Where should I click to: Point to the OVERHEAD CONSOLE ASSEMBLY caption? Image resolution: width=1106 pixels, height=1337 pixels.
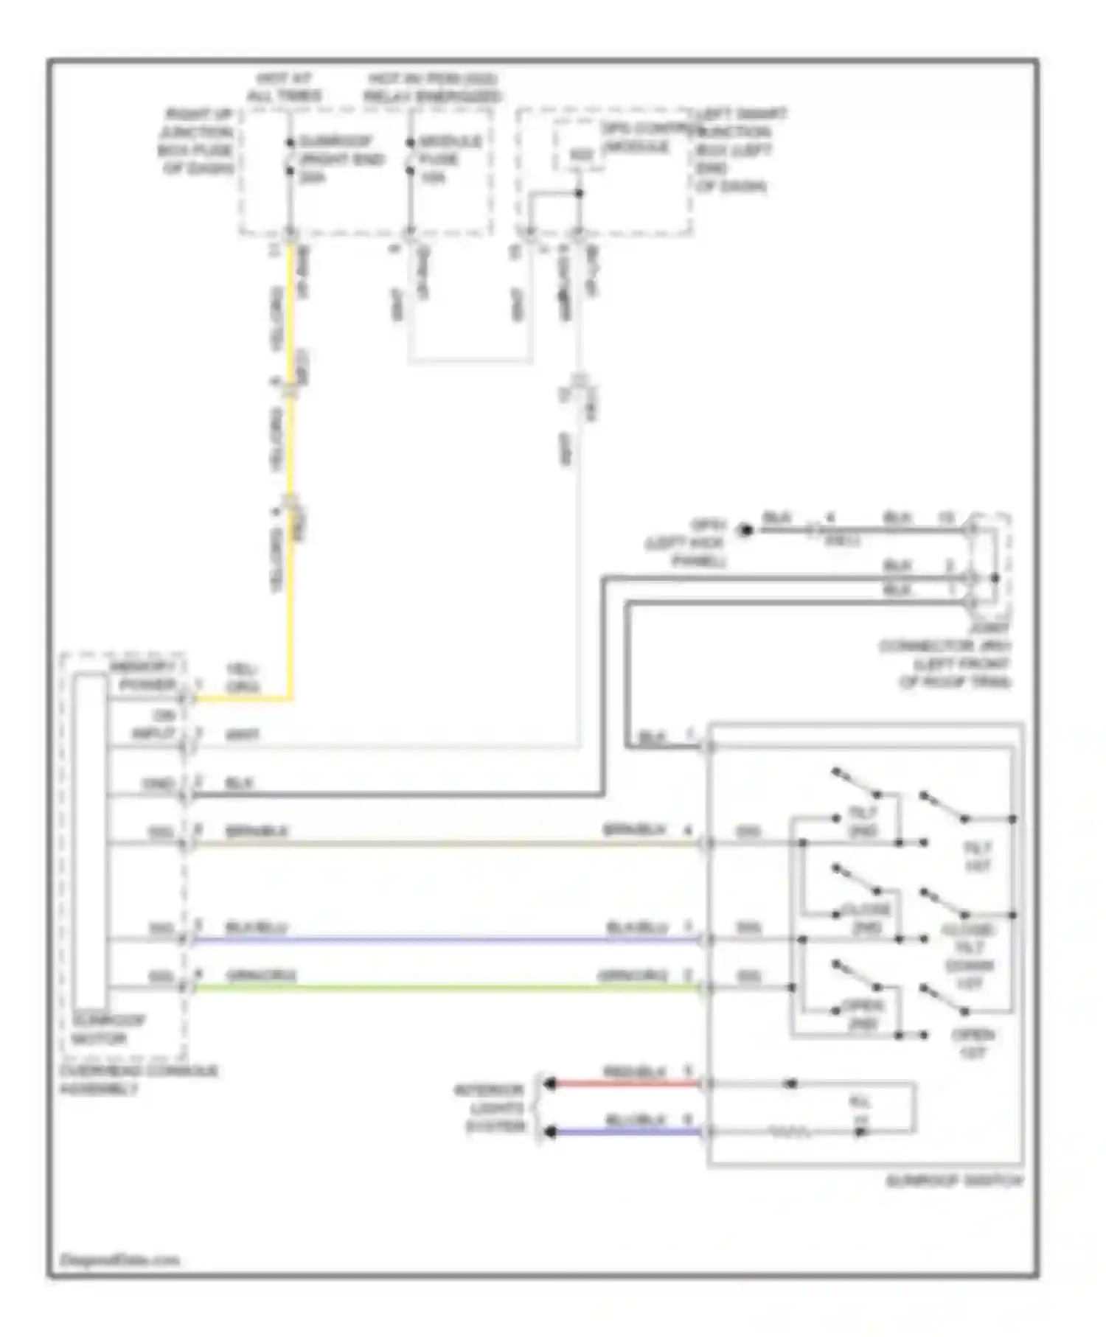click(x=139, y=1079)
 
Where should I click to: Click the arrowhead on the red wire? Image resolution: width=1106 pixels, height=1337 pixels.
click(x=549, y=1083)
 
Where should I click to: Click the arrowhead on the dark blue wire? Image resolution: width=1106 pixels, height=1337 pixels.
click(x=549, y=1131)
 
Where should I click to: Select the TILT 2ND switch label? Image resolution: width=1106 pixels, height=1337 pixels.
click(x=863, y=821)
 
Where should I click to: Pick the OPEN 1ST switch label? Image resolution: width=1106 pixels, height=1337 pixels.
click(x=973, y=1043)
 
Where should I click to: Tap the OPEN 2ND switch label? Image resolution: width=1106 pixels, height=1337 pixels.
click(x=863, y=1014)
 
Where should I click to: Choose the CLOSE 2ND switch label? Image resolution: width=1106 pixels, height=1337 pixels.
click(x=866, y=918)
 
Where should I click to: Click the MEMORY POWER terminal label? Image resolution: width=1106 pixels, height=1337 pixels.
click(x=143, y=676)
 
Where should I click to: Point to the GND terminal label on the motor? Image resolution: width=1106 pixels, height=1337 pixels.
click(x=159, y=783)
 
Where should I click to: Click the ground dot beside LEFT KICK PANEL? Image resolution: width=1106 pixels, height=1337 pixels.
click(x=745, y=529)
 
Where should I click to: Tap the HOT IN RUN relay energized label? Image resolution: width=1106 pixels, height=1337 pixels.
click(x=432, y=87)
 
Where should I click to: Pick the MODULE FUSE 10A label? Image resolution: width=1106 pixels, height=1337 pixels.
click(x=450, y=158)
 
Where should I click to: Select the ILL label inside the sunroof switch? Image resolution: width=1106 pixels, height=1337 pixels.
click(x=860, y=1110)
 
